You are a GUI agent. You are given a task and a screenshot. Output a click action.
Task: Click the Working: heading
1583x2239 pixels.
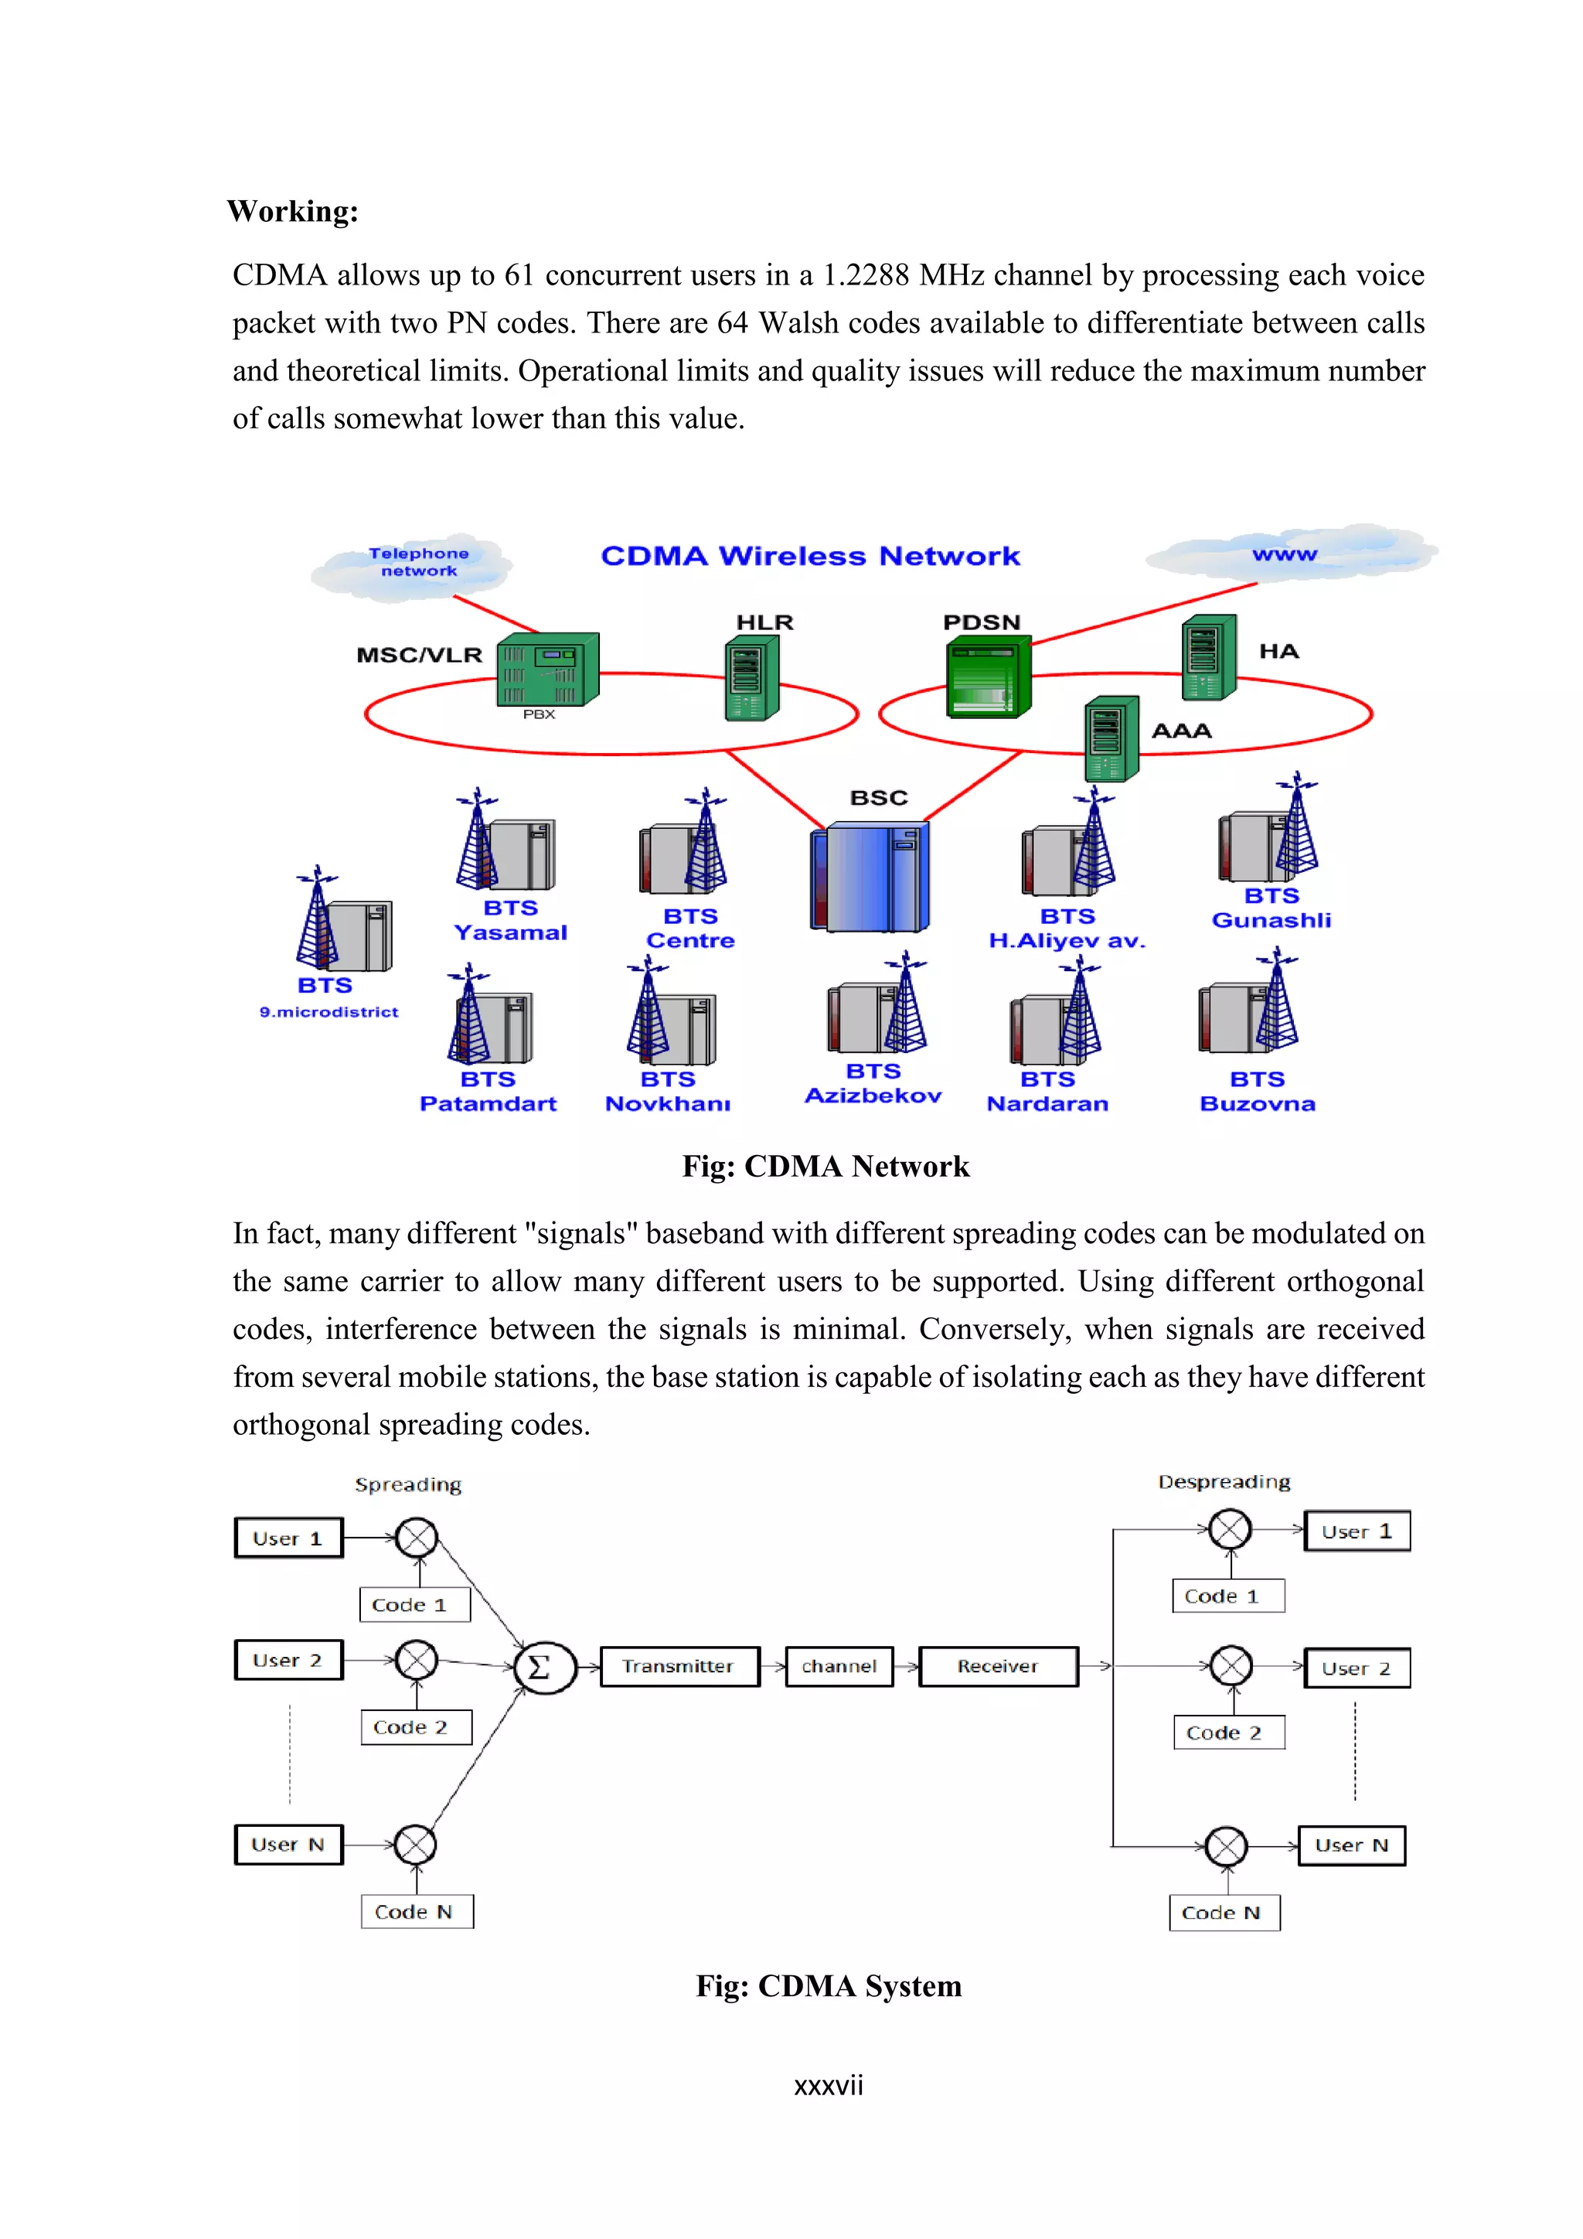coord(292,212)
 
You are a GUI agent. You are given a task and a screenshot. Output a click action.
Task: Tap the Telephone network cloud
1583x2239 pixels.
coord(418,563)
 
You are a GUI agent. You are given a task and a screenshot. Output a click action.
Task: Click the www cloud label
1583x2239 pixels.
coord(1284,554)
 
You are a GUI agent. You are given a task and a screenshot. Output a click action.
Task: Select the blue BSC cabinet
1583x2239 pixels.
coord(870,877)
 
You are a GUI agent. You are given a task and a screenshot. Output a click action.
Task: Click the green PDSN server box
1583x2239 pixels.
coord(986,676)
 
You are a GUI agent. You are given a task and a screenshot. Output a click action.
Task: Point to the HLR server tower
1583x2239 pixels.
coord(751,678)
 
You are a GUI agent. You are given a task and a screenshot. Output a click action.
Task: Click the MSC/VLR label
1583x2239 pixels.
coord(419,654)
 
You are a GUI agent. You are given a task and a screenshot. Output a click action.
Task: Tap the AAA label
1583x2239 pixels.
coord(1181,731)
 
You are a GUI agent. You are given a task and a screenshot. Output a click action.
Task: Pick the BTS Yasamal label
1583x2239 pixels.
coord(510,921)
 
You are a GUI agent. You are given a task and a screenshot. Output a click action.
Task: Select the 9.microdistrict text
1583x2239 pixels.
coord(329,1012)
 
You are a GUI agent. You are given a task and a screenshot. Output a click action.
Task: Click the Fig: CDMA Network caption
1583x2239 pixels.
coord(825,1167)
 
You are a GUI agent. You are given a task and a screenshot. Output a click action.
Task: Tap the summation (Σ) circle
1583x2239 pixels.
coord(544,1667)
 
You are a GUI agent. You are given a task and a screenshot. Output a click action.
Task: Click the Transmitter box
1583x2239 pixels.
coord(679,1667)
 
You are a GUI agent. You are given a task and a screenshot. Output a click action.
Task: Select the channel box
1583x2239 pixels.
coord(839,1667)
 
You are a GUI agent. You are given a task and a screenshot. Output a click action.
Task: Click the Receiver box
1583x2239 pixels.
coord(997,1667)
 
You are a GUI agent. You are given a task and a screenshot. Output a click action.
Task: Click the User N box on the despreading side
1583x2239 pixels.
coord(1351,1845)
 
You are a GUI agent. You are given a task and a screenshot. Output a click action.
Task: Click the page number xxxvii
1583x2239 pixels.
coord(828,2086)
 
